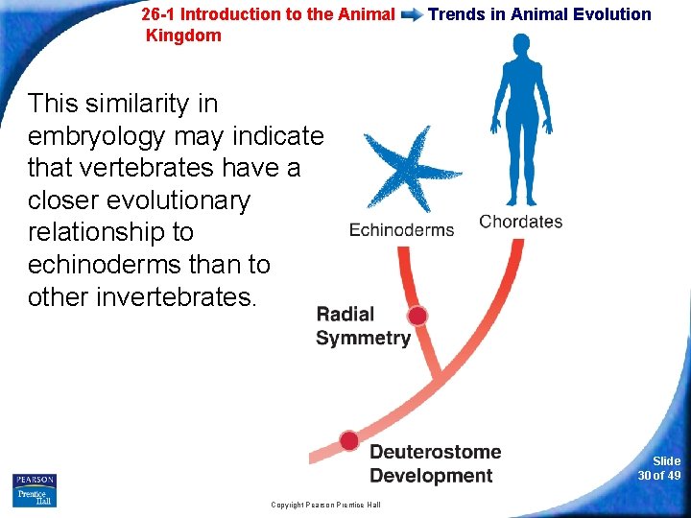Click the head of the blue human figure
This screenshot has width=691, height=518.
point(520,45)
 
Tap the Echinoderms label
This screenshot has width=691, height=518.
point(401,230)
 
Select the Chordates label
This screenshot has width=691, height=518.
point(520,222)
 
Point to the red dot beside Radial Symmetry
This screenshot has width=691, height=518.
point(417,316)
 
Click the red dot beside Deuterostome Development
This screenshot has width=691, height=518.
point(349,440)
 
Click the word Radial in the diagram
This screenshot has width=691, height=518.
point(345,315)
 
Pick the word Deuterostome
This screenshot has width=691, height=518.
point(435,452)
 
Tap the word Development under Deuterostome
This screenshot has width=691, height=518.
point(431,477)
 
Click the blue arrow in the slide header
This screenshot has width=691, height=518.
point(412,14)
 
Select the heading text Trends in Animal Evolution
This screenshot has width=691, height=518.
point(539,14)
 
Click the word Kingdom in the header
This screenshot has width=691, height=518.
point(183,36)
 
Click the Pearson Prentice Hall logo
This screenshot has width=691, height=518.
point(35,489)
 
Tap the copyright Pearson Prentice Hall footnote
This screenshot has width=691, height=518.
point(325,505)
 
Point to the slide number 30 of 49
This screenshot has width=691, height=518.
point(659,468)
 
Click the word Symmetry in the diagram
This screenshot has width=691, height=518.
point(363,338)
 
